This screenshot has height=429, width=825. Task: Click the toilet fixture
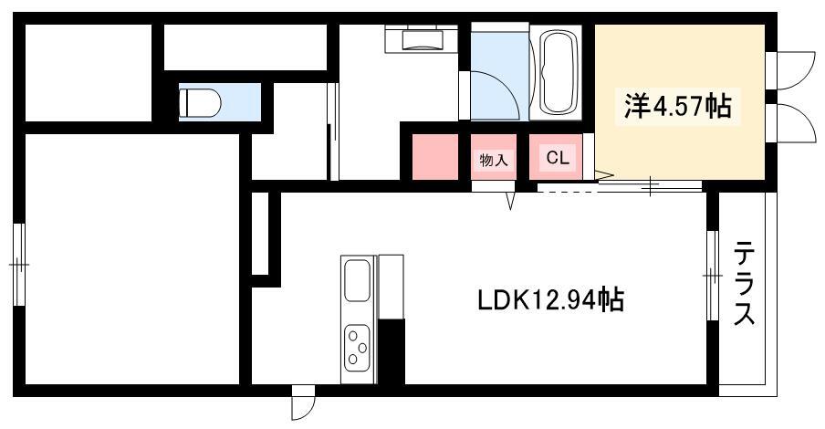[x=200, y=102]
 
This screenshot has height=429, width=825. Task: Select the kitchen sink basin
[x=357, y=280]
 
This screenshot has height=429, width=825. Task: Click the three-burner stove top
[x=357, y=346]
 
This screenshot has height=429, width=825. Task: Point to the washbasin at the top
[x=424, y=39]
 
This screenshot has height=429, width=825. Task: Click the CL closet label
[x=558, y=158]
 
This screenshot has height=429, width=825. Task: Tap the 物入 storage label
[x=494, y=161]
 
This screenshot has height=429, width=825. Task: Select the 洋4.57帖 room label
[x=678, y=106]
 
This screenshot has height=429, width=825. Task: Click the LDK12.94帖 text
[x=550, y=300]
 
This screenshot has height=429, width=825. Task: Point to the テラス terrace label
[x=745, y=283]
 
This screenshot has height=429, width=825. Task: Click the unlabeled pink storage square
[x=434, y=157]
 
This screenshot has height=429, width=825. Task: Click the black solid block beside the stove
[x=392, y=351]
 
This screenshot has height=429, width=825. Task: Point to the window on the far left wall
[x=19, y=264]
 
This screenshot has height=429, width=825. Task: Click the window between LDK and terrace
[x=713, y=276]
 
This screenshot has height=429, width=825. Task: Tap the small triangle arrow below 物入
[x=510, y=200]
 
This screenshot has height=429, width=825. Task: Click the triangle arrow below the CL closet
[x=604, y=174]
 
